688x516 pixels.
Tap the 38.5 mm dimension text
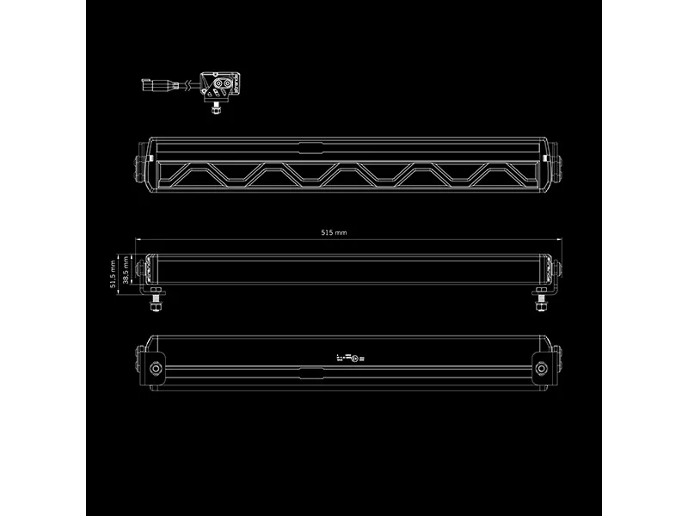[x=126, y=269]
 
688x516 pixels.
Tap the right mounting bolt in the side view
[x=542, y=303]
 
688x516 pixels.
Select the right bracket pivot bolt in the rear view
[x=542, y=367]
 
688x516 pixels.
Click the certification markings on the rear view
[x=352, y=356]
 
